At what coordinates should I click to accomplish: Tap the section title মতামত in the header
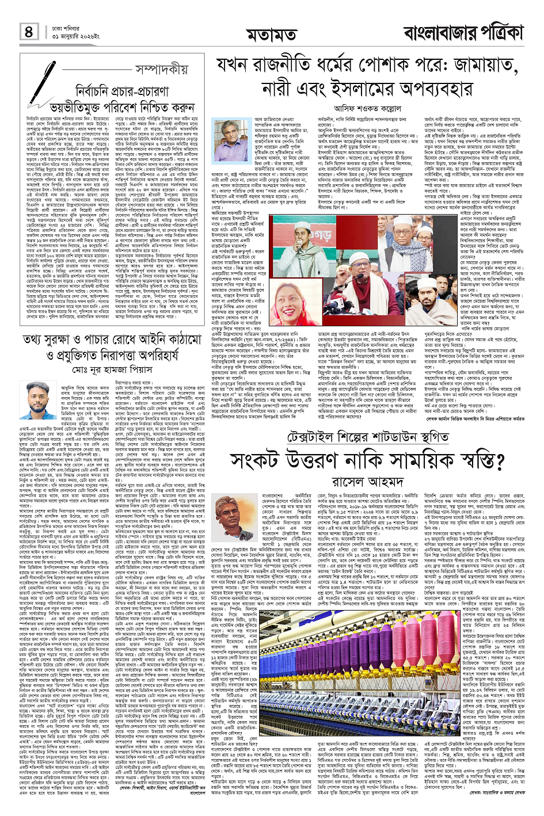271,36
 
